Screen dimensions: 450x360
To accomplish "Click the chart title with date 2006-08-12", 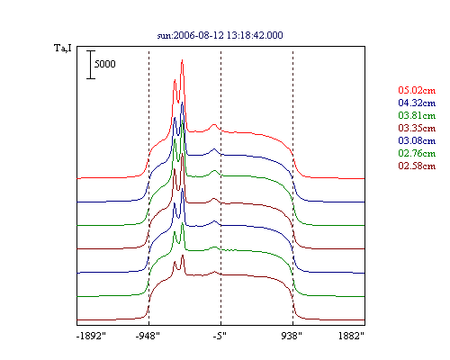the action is coord(220,35).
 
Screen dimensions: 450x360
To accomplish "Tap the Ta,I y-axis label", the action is coord(63,48).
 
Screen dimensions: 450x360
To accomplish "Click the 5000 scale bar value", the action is coord(105,64).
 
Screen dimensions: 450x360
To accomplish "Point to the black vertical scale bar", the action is coord(91,65).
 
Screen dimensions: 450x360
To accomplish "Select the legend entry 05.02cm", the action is coord(417,90).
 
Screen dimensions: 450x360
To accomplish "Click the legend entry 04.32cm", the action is coord(417,103).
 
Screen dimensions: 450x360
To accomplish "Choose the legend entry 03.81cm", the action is coord(417,115).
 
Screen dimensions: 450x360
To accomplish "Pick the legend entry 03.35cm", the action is coord(417,128).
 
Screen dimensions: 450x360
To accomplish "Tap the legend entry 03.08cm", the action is coord(417,140).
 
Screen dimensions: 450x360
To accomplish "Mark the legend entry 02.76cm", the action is coord(417,153).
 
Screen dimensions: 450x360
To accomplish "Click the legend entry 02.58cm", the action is coord(417,166).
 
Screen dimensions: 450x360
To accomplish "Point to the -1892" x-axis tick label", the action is coord(91,336).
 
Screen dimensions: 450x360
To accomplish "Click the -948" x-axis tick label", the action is coord(148,336).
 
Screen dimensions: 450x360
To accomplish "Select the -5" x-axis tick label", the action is coord(220,336).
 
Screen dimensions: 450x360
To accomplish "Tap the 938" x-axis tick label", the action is coord(292,336).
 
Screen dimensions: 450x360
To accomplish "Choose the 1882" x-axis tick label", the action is coord(351,336).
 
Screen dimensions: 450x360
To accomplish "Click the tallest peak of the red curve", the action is coord(182,60).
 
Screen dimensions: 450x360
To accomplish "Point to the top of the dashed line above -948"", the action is coord(149,51).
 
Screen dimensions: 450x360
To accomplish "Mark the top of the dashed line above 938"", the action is coord(293,51).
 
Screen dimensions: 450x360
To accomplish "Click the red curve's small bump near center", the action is coord(214,124).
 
